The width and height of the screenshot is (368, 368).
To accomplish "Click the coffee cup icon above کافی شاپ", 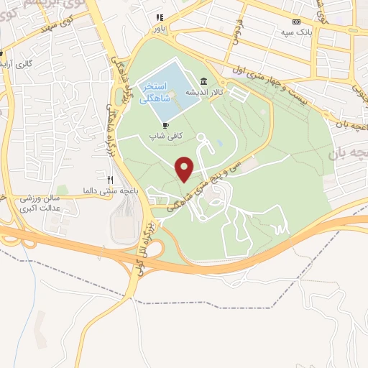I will pos(165,125).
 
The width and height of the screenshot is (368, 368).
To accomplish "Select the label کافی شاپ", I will pos(163,135).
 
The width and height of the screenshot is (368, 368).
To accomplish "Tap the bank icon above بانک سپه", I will pos(296,22).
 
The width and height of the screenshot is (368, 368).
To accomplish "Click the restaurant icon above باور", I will pos(160,17).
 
